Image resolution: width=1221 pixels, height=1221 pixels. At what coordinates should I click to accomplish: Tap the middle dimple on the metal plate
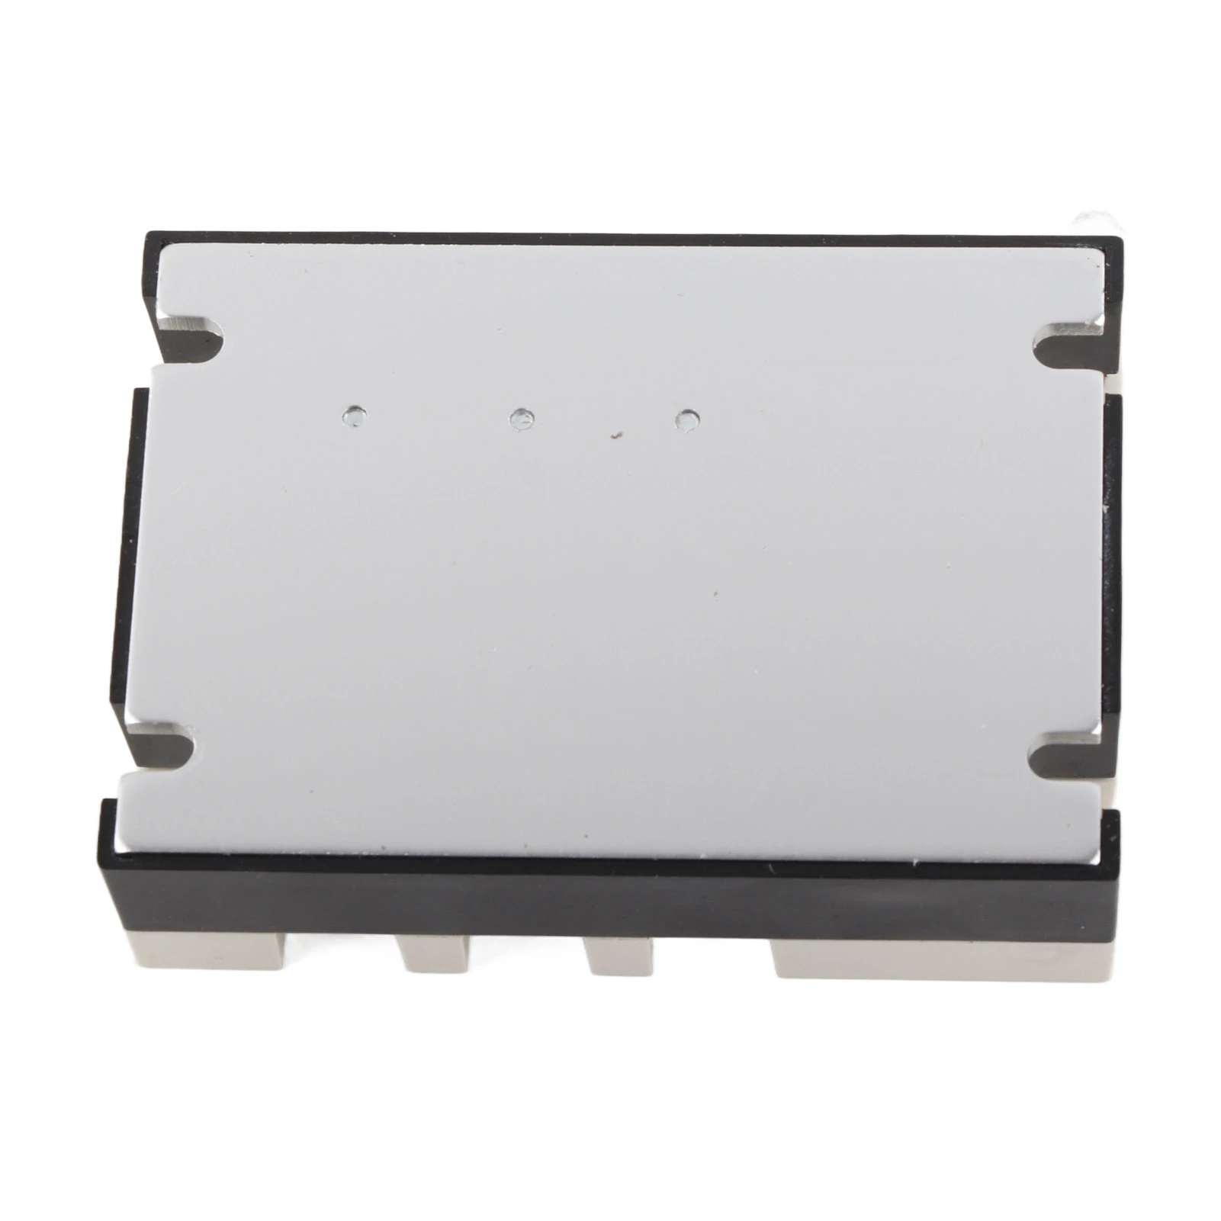(x=522, y=417)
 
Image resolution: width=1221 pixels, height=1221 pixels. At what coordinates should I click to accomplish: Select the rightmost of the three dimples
(x=688, y=419)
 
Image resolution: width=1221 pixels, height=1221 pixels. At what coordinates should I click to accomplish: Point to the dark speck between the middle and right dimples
(x=617, y=436)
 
